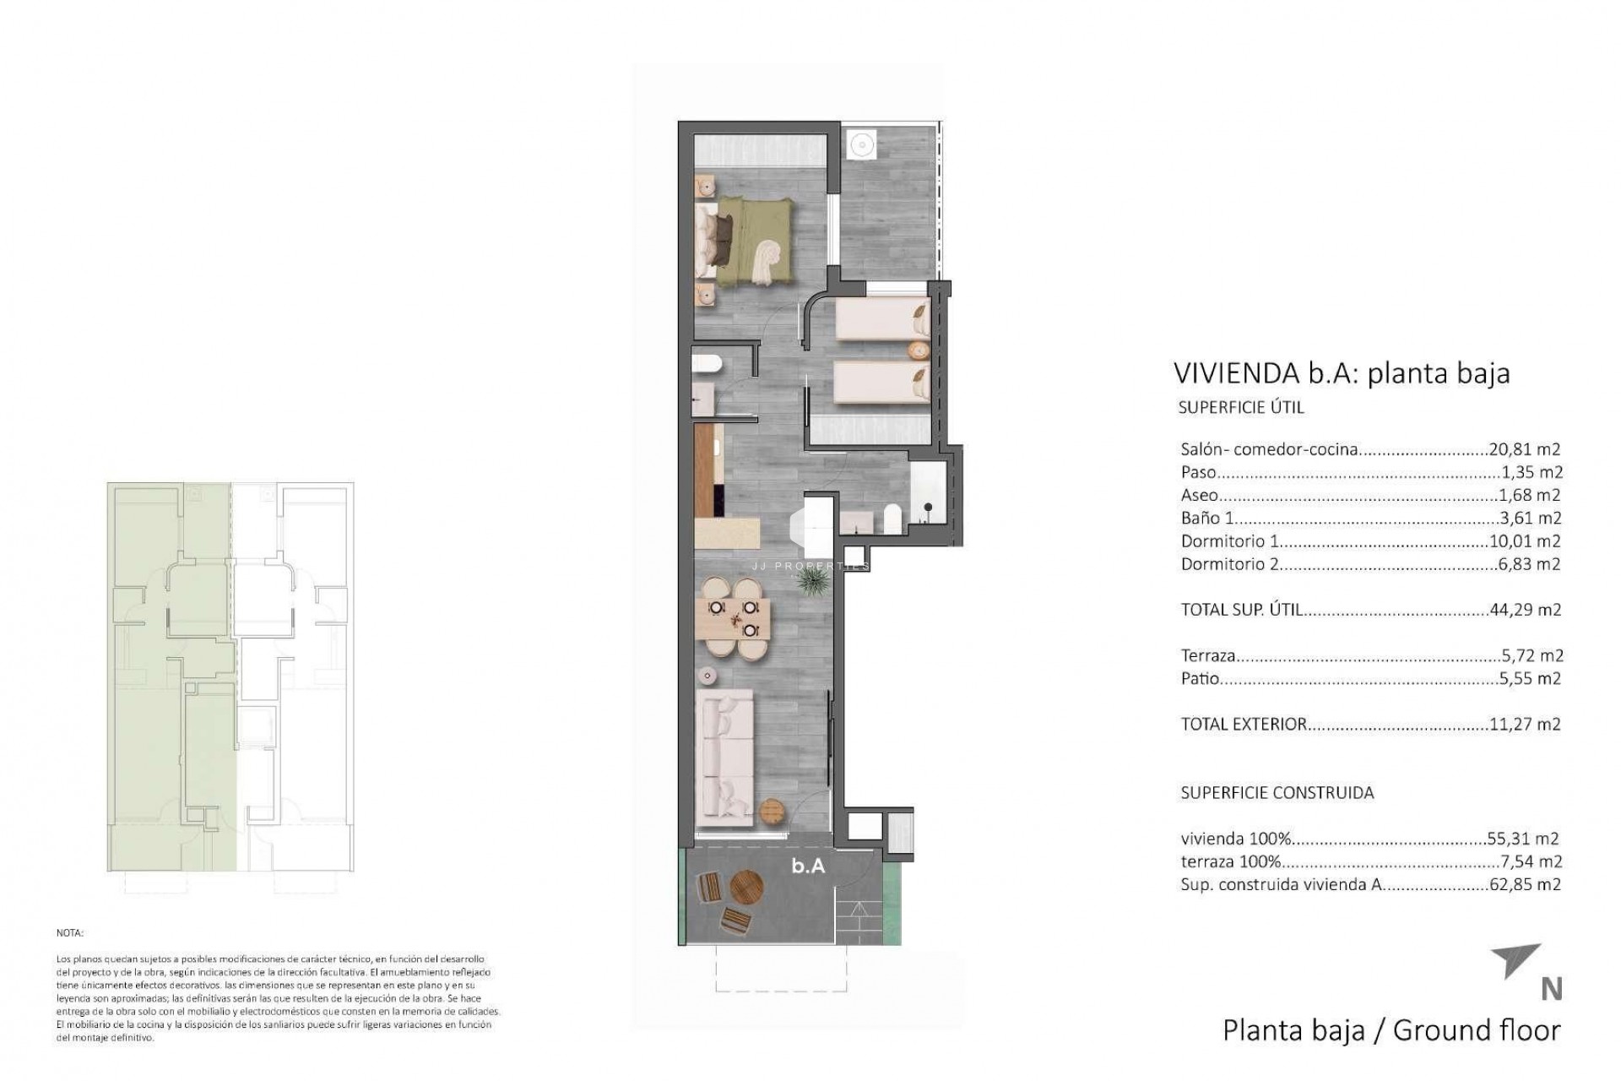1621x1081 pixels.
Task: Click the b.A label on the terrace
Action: [x=808, y=866]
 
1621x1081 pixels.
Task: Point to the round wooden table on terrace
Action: [x=746, y=888]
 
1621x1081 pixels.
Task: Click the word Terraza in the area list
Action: [x=1208, y=655]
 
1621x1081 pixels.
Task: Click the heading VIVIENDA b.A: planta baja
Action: [x=1341, y=372]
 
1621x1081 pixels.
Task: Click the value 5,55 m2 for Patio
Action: [x=1529, y=678]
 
